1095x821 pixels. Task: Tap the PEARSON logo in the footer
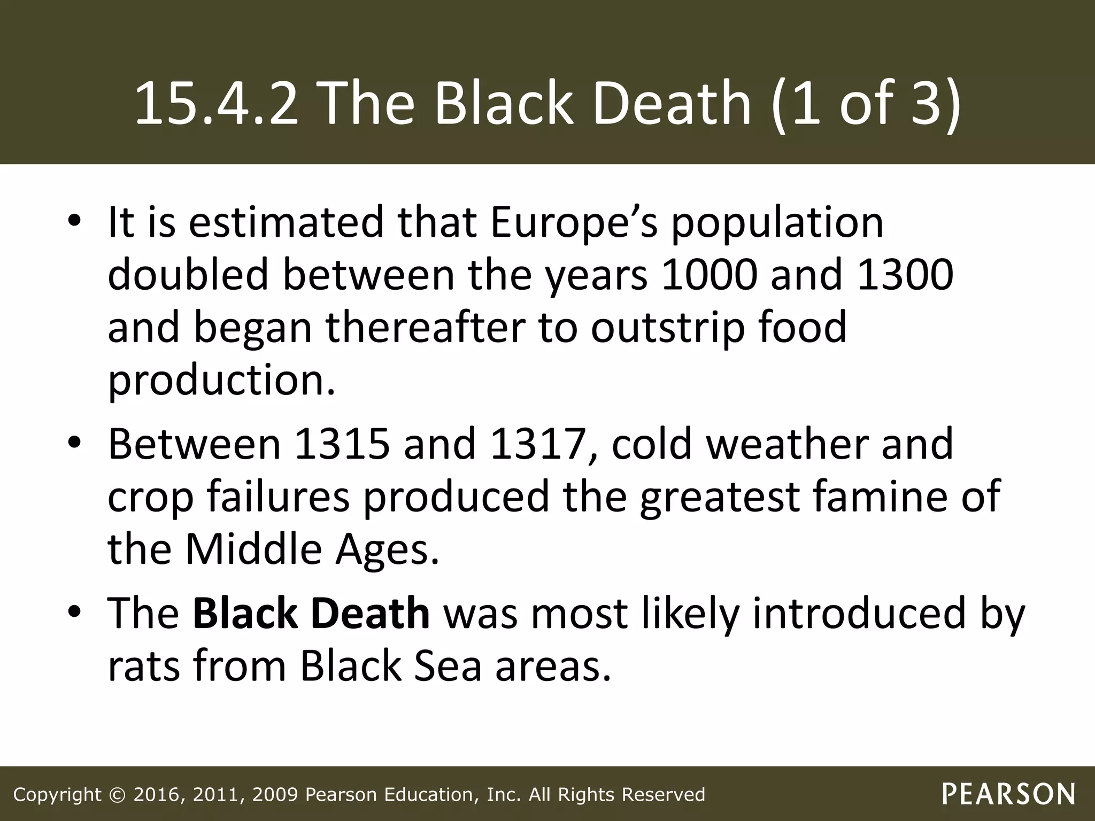coord(1008,794)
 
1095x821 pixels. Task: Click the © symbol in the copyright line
coord(117,794)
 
